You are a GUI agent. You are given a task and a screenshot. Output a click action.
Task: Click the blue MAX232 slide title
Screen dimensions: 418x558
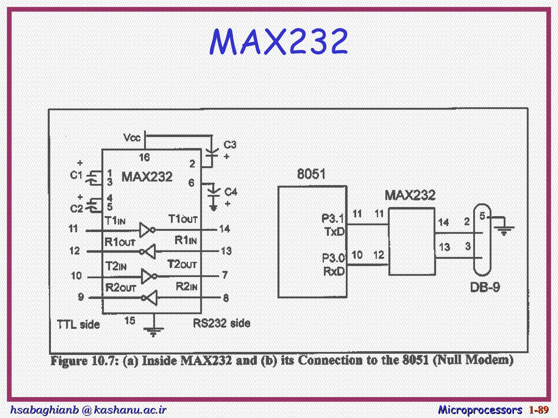[x=278, y=41]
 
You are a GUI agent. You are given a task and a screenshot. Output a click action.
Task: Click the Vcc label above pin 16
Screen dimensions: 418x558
[x=132, y=138]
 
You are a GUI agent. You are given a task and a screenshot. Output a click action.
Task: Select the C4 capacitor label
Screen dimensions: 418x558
[x=231, y=192]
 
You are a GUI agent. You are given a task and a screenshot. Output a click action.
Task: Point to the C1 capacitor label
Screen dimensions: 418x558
[x=76, y=175]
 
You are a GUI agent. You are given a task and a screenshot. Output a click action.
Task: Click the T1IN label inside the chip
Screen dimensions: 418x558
[x=115, y=220]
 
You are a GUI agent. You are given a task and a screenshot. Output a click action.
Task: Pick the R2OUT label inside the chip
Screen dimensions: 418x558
[x=120, y=288]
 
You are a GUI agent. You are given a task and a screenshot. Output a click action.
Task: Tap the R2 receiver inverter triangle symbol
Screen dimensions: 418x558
[x=152, y=298]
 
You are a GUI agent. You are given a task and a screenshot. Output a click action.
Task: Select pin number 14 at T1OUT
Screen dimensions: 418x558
[x=225, y=229]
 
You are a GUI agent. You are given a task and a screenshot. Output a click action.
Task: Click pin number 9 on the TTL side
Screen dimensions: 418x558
[x=81, y=297]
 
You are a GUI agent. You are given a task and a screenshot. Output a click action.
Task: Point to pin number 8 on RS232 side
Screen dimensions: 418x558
[x=226, y=298]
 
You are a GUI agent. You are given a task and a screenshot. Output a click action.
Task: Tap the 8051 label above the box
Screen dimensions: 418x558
[x=311, y=174]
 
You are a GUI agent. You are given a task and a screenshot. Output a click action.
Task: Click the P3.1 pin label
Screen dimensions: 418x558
[x=332, y=218]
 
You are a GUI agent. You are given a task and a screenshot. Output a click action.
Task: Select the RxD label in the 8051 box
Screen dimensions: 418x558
[x=334, y=271]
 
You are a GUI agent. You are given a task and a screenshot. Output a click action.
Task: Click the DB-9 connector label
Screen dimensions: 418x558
[x=485, y=287]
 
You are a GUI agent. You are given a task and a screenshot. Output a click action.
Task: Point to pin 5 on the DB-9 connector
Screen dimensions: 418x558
[x=482, y=216]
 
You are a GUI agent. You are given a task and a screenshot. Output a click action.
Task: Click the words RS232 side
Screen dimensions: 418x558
[x=221, y=323]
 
